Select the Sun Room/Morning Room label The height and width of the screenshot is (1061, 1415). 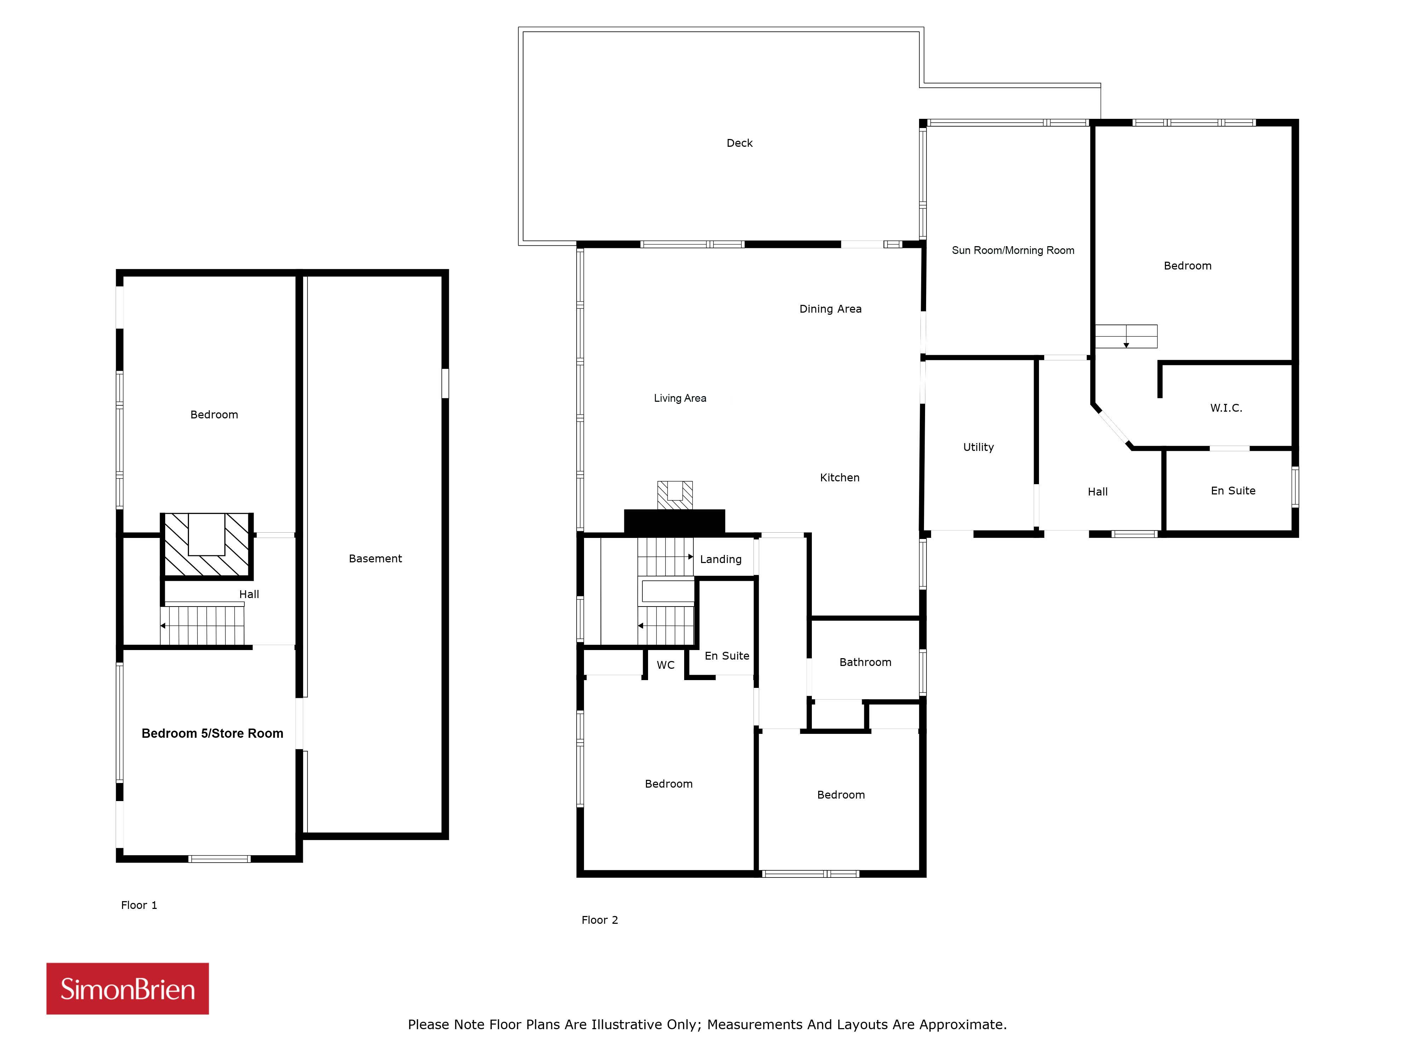1013,250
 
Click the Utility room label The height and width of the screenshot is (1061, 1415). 978,447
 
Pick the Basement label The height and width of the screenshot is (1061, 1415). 375,558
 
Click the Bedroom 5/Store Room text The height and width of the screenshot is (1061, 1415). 212,734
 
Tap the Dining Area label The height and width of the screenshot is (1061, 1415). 830,309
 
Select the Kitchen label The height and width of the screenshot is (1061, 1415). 839,478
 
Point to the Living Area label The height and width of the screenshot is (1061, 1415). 680,398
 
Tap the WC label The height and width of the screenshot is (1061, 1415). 665,665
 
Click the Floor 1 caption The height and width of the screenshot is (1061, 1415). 139,905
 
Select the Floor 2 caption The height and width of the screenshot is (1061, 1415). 599,920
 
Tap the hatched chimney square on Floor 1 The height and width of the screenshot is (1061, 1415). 207,545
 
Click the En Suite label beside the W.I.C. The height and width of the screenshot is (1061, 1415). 1233,491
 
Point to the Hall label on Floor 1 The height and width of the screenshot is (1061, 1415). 249,594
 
